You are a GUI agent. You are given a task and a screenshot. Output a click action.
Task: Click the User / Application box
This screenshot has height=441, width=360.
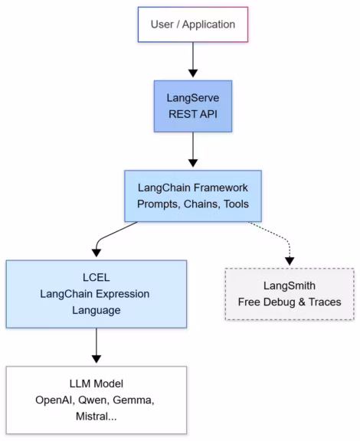pyautogui.click(x=193, y=24)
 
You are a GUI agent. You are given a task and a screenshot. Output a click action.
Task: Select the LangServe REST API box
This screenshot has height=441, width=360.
pyautogui.click(x=193, y=109)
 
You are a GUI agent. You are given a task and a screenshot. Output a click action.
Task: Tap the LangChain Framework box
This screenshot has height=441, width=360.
pyautogui.click(x=193, y=194)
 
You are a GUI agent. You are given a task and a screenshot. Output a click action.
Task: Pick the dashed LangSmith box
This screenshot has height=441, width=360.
pyautogui.click(x=290, y=292)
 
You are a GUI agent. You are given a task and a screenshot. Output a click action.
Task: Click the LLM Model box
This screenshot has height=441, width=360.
pyautogui.click(x=96, y=401)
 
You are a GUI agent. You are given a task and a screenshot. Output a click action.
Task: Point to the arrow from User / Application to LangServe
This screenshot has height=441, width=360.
pyautogui.click(x=193, y=57)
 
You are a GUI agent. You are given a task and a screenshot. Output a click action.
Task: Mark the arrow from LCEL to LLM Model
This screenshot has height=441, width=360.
pyautogui.click(x=97, y=349)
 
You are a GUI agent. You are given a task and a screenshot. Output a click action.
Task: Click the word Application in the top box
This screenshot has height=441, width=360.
pyautogui.click(x=211, y=24)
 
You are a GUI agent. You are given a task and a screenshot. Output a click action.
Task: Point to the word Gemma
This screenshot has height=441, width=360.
pyautogui.click(x=141, y=401)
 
